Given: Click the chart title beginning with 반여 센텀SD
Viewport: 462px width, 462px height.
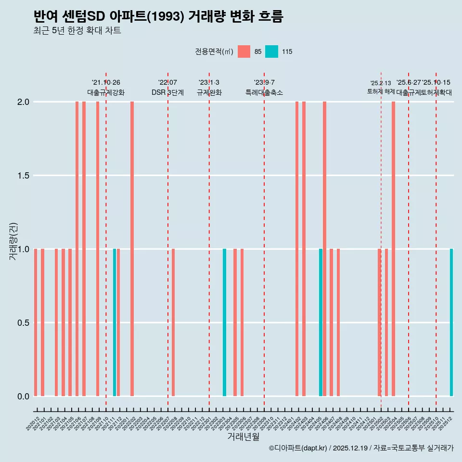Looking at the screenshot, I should (x=158, y=17).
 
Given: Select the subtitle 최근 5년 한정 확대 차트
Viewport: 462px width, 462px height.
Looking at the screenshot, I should (x=77, y=31).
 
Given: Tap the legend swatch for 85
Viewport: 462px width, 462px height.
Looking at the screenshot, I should (x=244, y=51).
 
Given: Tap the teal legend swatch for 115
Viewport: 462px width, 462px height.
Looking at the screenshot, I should (x=271, y=51).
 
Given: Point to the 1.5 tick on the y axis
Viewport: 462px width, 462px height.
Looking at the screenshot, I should (x=23, y=176).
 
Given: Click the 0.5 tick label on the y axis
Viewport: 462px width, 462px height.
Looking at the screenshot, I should (x=23, y=322).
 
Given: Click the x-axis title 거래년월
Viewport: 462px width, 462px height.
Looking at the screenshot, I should (x=243, y=437).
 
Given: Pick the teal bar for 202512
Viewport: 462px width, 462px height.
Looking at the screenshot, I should (x=451, y=322).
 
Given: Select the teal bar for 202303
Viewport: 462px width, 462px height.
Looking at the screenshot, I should (x=224, y=322).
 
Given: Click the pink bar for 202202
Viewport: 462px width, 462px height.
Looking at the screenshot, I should (x=132, y=249).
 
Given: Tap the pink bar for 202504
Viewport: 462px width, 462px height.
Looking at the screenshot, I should (x=393, y=249).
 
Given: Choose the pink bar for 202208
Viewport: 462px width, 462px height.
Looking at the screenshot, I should (x=173, y=322).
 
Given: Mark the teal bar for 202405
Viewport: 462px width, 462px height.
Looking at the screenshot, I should (x=321, y=322).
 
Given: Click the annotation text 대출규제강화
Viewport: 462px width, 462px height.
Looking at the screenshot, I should (x=106, y=92).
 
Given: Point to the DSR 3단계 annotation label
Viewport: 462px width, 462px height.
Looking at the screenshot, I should (x=167, y=92).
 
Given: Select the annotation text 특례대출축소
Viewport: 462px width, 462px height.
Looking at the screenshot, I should (x=264, y=92).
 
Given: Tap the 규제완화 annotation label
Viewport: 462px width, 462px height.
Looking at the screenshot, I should (x=209, y=92).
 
